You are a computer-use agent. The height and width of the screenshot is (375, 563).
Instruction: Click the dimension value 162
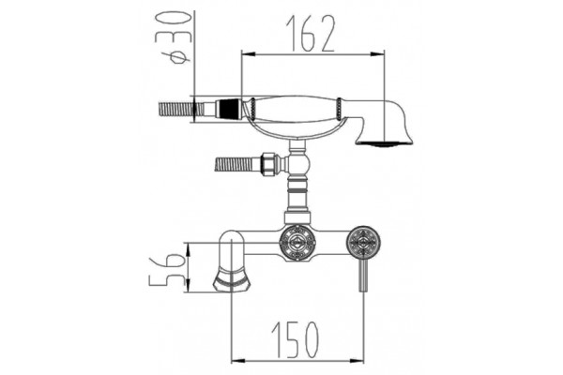(311, 34)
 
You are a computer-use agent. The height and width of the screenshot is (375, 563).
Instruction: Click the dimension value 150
(295, 339)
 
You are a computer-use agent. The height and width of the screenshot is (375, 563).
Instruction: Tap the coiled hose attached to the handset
(175, 110)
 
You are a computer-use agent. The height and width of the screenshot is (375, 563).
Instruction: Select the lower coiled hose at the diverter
(236, 165)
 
